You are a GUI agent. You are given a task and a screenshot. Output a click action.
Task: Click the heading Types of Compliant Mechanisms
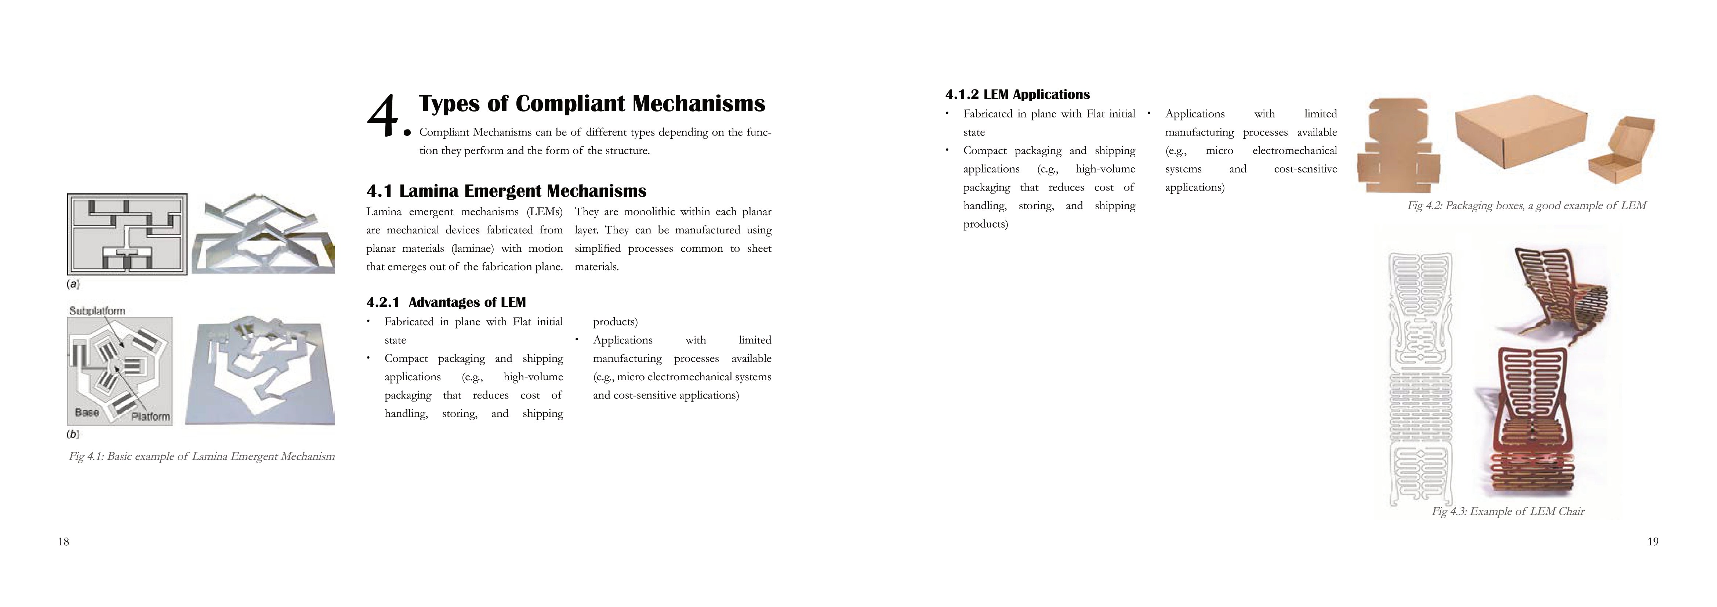pos(592,104)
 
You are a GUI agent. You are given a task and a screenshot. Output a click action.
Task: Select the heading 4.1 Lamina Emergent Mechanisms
pos(506,191)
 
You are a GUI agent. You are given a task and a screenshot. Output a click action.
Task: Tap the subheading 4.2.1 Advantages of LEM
pos(446,302)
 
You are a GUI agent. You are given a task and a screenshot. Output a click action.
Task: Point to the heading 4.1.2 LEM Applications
pos(1017,95)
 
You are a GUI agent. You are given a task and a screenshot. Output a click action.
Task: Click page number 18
pos(63,542)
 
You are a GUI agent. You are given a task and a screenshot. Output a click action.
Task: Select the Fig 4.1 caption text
pos(201,457)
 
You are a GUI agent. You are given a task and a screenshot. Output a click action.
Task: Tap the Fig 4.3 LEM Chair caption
pos(1508,512)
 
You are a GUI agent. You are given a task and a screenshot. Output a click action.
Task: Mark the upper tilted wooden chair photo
pos(1558,293)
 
